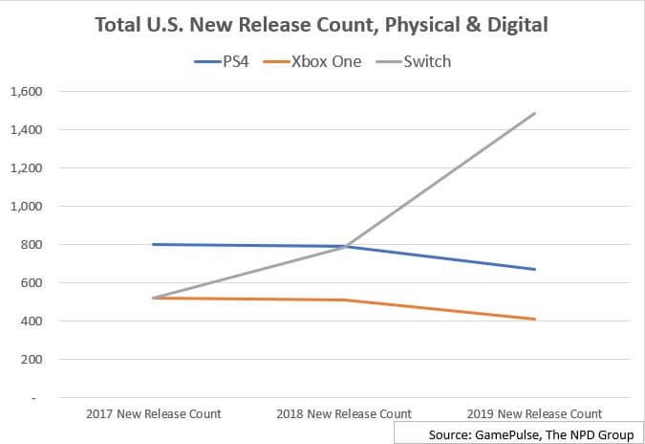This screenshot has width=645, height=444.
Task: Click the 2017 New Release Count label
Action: click(153, 413)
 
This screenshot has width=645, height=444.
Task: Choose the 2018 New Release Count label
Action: click(344, 413)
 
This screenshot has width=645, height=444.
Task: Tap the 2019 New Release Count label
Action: click(535, 413)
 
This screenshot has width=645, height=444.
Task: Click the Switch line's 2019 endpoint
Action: click(535, 113)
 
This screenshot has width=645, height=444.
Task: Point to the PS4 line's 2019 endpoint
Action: click(535, 269)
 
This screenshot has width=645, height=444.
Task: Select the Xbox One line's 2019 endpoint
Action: click(535, 319)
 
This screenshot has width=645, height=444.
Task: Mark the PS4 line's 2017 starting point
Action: click(153, 244)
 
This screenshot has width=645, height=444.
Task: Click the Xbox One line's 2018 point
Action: click(344, 300)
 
